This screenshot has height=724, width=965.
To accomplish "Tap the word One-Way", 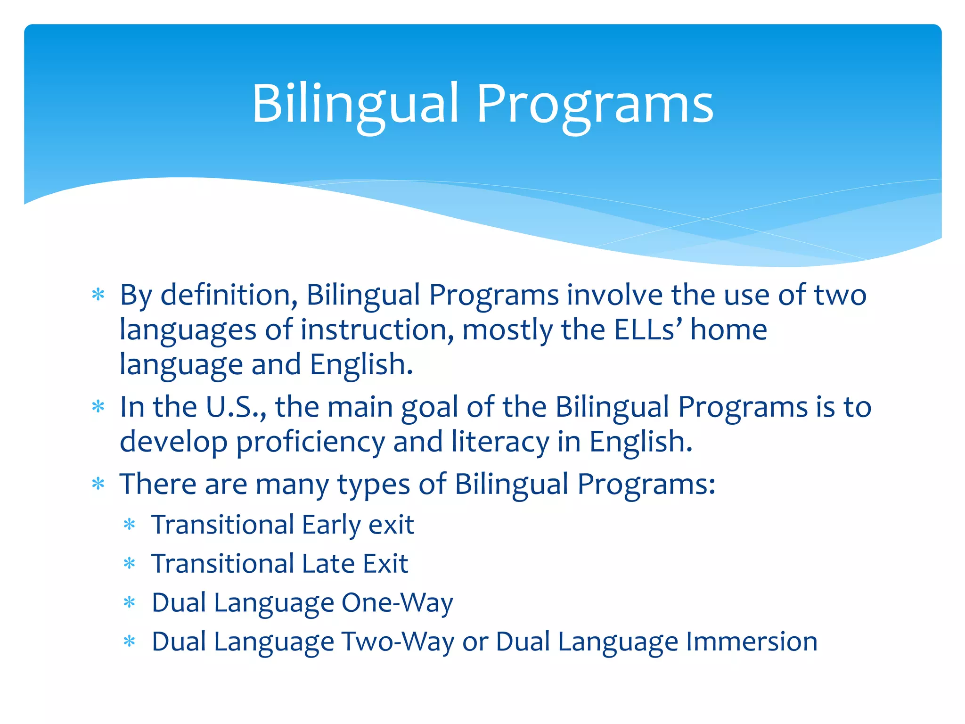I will (397, 603).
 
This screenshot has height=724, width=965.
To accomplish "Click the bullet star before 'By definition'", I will (98, 296).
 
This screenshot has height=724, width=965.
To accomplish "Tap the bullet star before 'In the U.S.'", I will (98, 407).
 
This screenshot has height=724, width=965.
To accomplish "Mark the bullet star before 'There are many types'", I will (98, 484).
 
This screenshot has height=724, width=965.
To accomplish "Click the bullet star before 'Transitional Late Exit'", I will (129, 564).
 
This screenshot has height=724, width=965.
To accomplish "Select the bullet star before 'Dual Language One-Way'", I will (129, 602).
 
